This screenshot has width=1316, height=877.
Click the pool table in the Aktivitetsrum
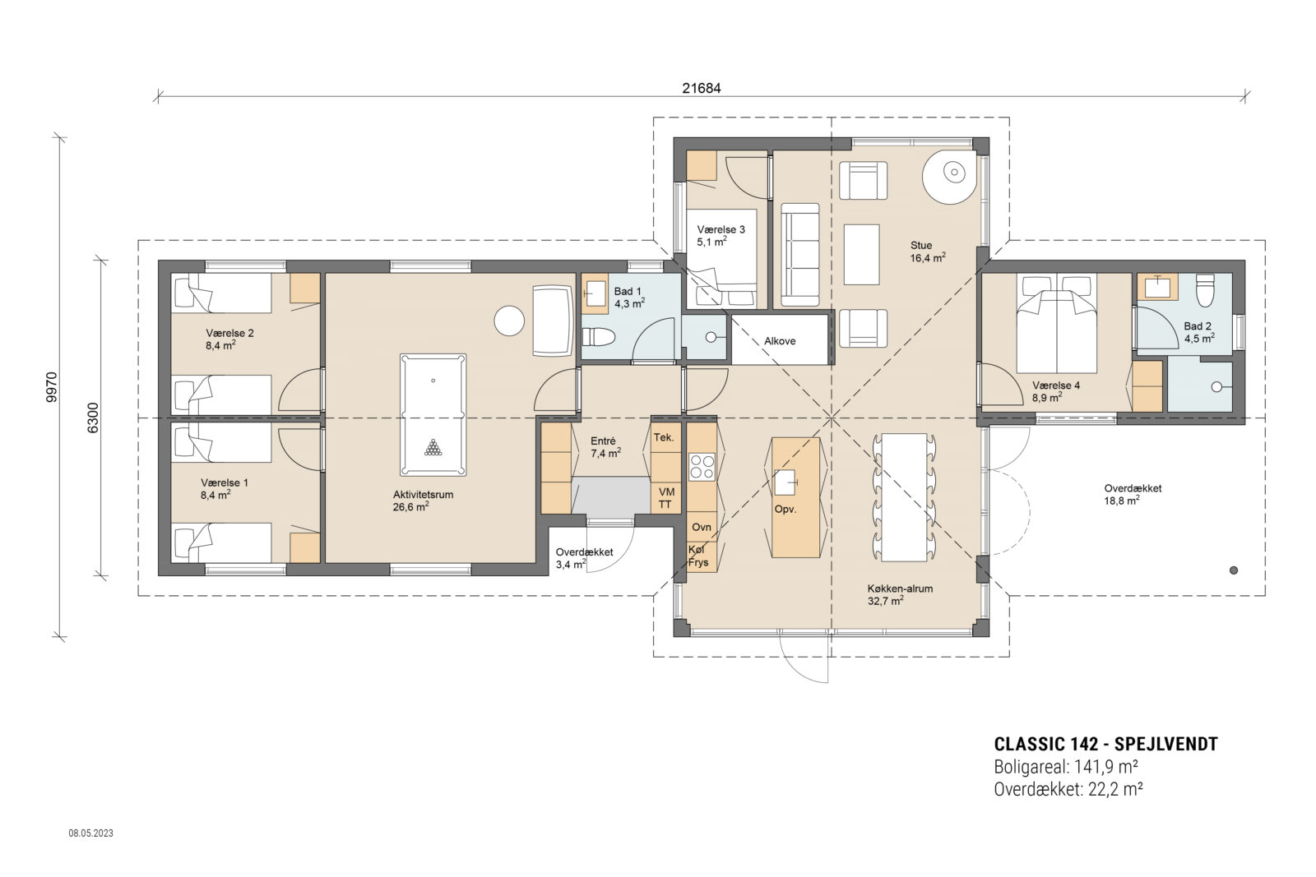click(433, 414)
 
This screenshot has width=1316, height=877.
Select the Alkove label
click(780, 341)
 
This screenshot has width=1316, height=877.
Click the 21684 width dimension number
click(701, 88)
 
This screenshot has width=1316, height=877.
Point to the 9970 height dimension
click(52, 387)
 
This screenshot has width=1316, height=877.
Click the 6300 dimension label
click(93, 418)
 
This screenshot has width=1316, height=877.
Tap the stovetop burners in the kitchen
click(702, 467)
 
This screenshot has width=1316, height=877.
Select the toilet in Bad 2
click(1205, 291)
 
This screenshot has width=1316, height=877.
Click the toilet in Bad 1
click(598, 337)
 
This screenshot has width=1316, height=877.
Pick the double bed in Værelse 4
click(1057, 323)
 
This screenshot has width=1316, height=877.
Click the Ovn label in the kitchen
click(701, 527)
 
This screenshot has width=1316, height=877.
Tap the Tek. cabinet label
click(664, 437)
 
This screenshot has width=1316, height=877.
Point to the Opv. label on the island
click(785, 509)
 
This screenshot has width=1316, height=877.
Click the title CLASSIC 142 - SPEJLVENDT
click(1105, 745)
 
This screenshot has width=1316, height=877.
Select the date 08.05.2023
click(91, 833)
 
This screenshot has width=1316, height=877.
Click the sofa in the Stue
click(799, 256)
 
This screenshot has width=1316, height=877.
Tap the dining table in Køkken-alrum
click(904, 497)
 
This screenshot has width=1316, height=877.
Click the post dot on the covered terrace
click(1234, 570)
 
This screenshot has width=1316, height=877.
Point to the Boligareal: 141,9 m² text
click(1066, 767)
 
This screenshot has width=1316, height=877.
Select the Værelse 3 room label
click(721, 229)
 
